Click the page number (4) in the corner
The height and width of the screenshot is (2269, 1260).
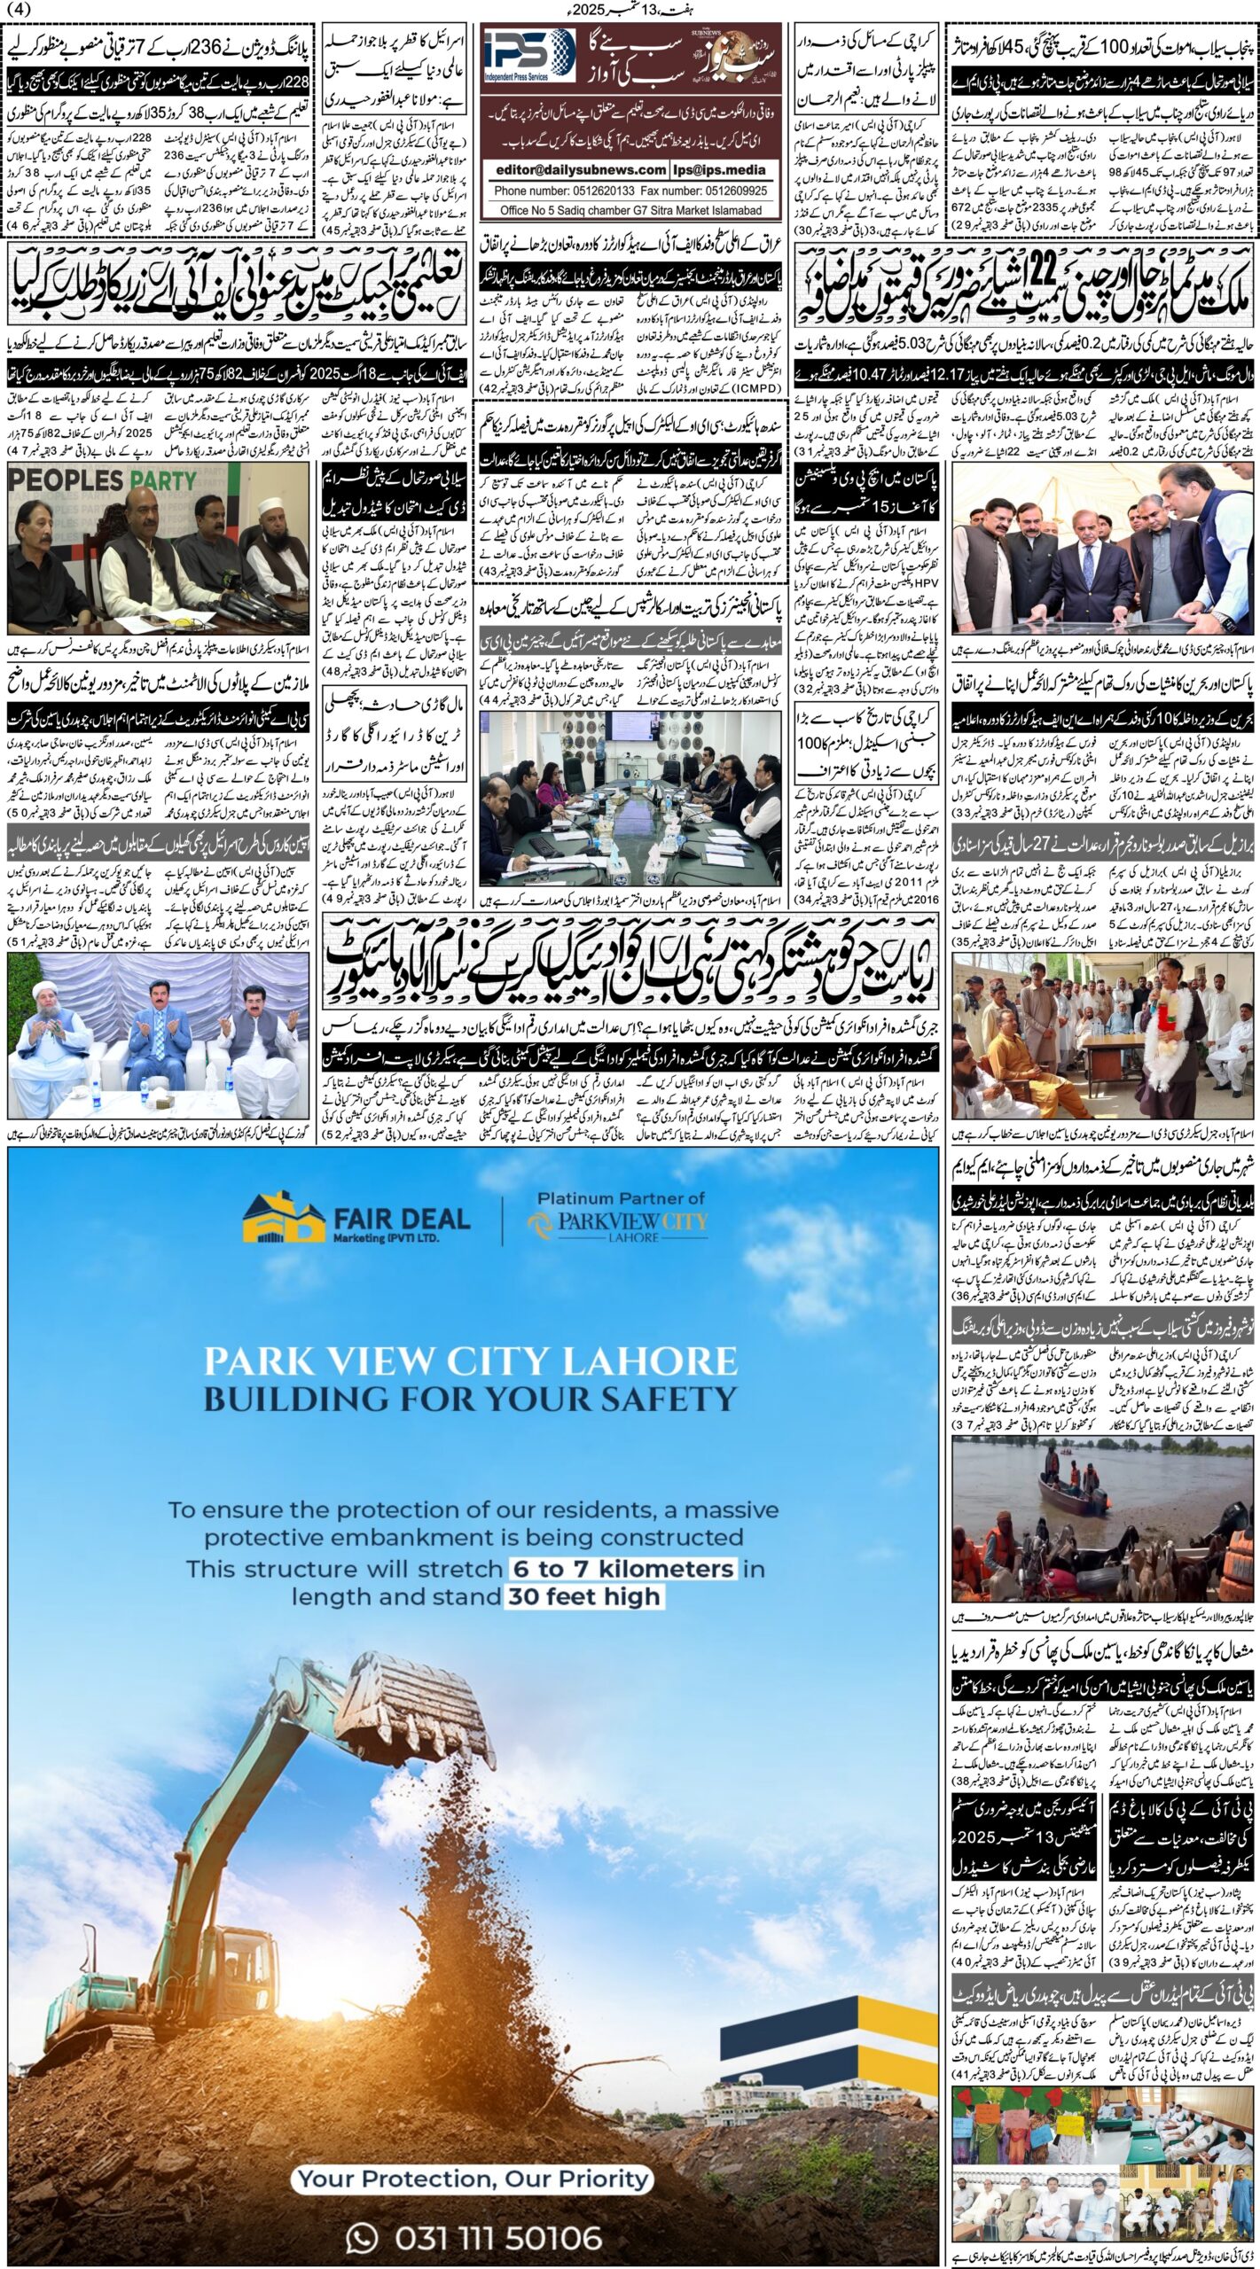point(18,10)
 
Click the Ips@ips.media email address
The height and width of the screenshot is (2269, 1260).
point(720,169)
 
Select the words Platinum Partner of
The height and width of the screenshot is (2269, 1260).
point(621,1198)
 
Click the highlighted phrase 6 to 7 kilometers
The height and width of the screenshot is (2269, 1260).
point(623,1568)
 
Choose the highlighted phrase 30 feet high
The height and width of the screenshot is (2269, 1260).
point(583,1596)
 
